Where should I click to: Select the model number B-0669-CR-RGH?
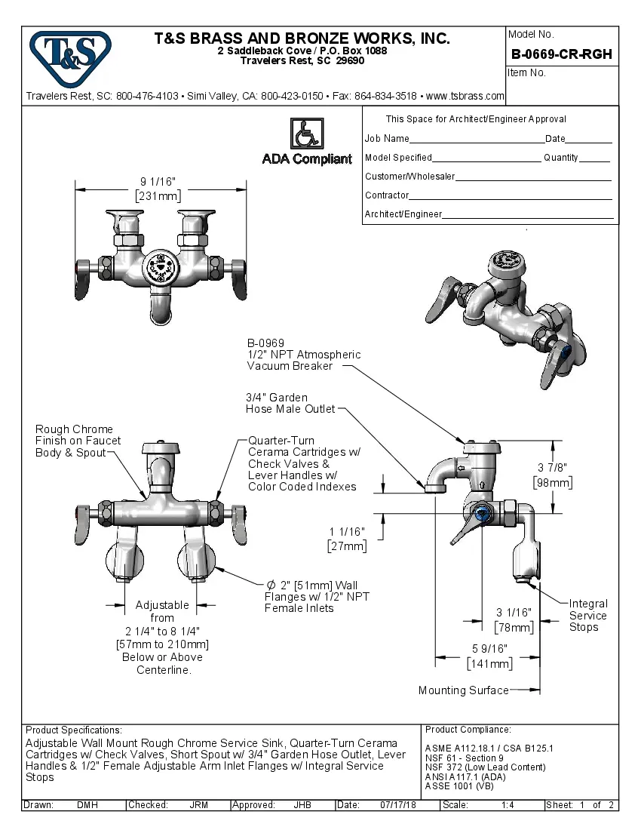pyautogui.click(x=561, y=54)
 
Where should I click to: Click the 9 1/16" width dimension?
pyautogui.click(x=158, y=182)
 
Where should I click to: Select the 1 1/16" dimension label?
pyautogui.click(x=347, y=531)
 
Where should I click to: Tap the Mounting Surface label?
pyautogui.click(x=463, y=690)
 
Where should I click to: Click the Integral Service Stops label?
pyautogui.click(x=588, y=615)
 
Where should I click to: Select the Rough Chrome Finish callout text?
pyautogui.click(x=78, y=441)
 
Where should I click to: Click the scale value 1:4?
pyautogui.click(x=508, y=805)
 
